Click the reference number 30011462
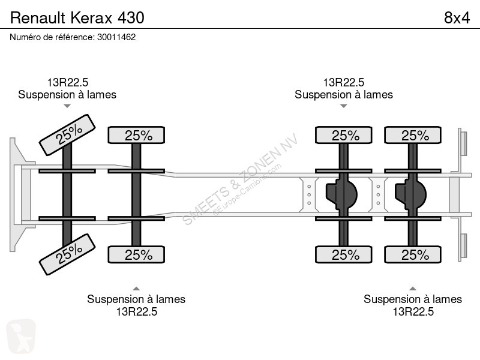[x=116, y=37]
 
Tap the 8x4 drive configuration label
[x=457, y=18]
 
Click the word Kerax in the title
[x=92, y=18]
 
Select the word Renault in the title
[x=38, y=18]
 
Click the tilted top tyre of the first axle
[x=67, y=134]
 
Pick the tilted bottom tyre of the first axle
[x=67, y=254]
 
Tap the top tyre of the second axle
[x=136, y=135]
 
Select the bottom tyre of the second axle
[x=136, y=254]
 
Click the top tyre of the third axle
[x=343, y=135]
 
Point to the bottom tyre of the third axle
[x=343, y=254]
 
